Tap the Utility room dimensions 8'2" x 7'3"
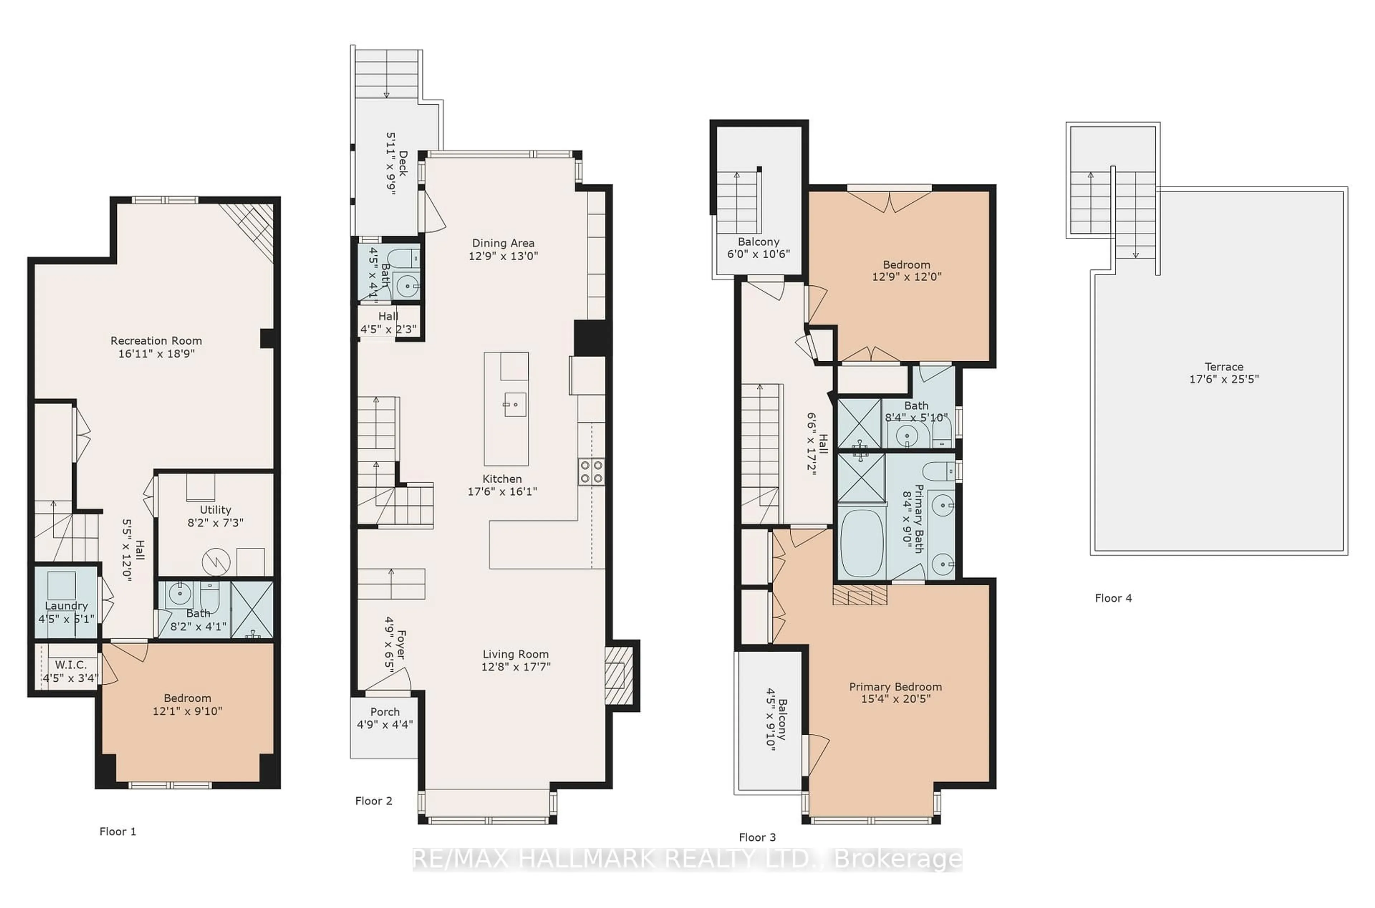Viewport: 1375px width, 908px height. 215,522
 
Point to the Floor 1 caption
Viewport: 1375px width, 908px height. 117,832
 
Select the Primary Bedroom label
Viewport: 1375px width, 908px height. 895,687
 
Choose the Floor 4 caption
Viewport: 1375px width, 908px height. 1113,598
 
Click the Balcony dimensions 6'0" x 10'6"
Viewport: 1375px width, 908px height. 758,253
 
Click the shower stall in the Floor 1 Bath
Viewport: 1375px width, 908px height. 252,610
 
